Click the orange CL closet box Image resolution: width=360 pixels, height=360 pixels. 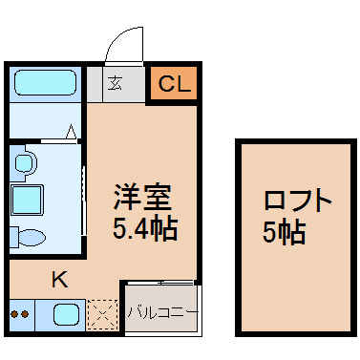click(174, 83)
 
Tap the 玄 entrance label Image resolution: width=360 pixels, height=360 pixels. click(115, 83)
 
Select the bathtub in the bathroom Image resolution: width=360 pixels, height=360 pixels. click(45, 83)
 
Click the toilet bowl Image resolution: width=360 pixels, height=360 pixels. click(32, 238)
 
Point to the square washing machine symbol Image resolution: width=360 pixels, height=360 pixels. click(27, 200)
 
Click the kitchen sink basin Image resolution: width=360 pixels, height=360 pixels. click(66, 314)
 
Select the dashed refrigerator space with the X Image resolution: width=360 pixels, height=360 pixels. click(102, 314)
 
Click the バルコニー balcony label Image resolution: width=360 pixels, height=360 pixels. click(162, 312)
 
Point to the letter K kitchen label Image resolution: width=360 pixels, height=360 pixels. click(60, 279)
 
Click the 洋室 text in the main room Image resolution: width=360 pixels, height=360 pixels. click(142, 198)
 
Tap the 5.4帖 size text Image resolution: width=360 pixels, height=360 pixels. click(145, 228)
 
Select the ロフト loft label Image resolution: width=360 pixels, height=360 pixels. click(297, 201)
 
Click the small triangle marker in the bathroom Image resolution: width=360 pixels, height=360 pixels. click(72, 132)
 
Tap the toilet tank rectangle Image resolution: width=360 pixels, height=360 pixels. click(13, 237)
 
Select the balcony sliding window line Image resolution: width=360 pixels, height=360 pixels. click(160, 283)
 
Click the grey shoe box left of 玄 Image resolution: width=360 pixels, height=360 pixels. click(95, 84)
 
